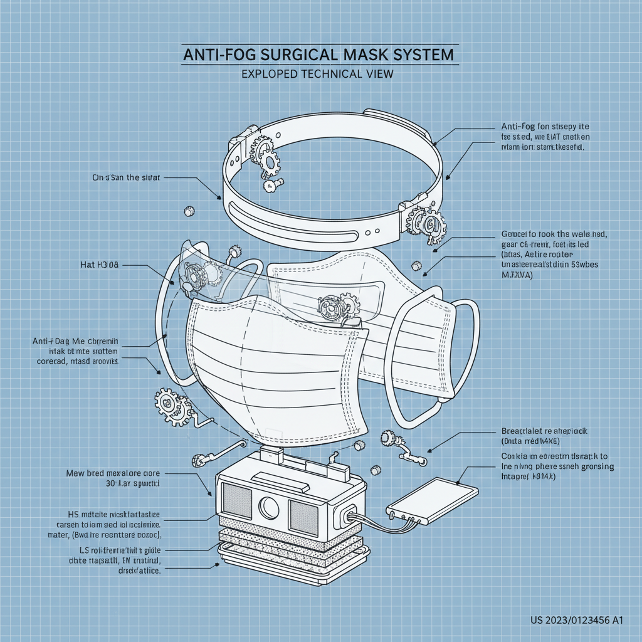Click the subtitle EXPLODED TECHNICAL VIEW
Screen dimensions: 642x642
coord(317,73)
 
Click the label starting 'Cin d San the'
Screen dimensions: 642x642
coord(126,177)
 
